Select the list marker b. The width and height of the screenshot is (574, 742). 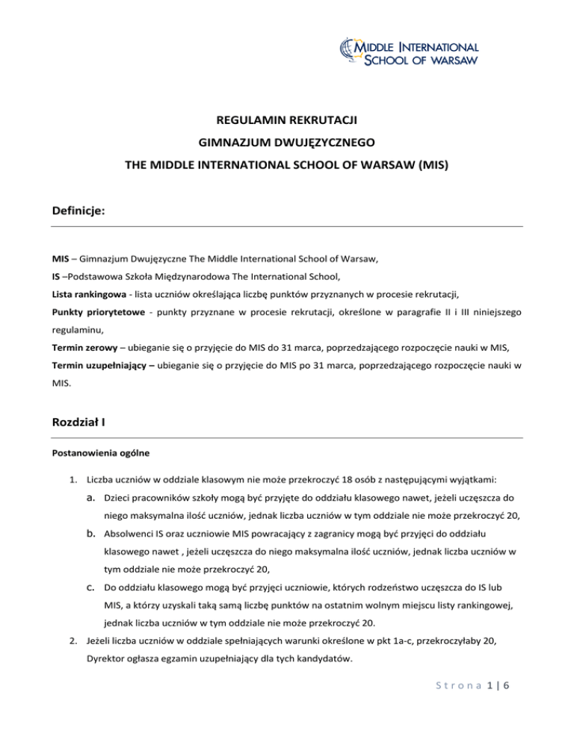click(x=93, y=552)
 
